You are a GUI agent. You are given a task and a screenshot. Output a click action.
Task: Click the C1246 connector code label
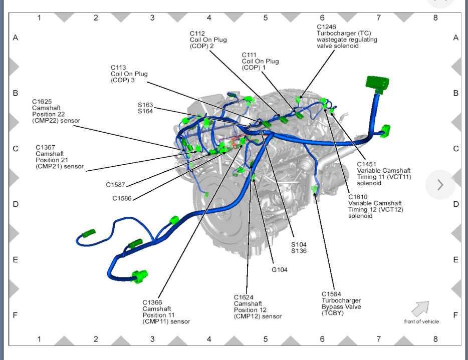coord(326,27)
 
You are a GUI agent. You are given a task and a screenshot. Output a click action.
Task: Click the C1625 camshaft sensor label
coord(43,101)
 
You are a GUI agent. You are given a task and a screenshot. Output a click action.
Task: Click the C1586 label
coord(122,199)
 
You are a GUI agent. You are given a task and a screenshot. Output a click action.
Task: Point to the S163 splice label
coord(145,105)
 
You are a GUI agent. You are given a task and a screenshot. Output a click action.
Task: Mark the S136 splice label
coord(299,251)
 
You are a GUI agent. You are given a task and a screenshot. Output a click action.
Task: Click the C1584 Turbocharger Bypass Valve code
coord(332,294)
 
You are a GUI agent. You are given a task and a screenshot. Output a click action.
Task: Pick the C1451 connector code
coord(367,164)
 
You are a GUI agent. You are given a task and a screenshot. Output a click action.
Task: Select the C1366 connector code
coord(153,302)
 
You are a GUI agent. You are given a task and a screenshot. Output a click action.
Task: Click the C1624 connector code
coord(244,297)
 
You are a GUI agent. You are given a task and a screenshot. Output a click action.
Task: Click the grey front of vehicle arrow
coord(421,307)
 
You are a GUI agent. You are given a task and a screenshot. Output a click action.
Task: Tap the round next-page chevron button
coord(440,185)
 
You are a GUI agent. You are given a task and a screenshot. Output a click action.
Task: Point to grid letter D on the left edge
coord(16,204)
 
